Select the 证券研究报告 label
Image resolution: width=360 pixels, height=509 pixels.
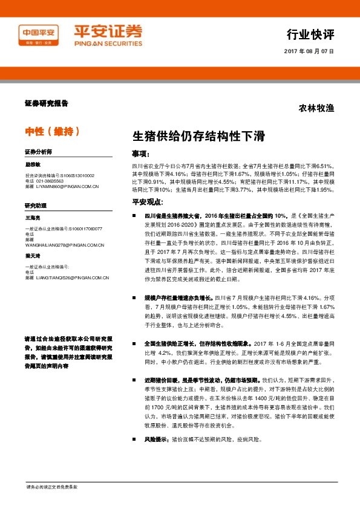pyautogui.click(x=47, y=103)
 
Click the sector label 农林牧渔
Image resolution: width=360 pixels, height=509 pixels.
pyautogui.click(x=316, y=109)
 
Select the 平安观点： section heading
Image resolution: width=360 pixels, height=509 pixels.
pyautogui.click(x=146, y=201)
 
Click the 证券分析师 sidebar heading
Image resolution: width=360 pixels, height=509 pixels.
pyautogui.click(x=38, y=151)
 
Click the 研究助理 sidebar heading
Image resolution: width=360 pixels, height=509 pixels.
pyautogui.click(x=35, y=206)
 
